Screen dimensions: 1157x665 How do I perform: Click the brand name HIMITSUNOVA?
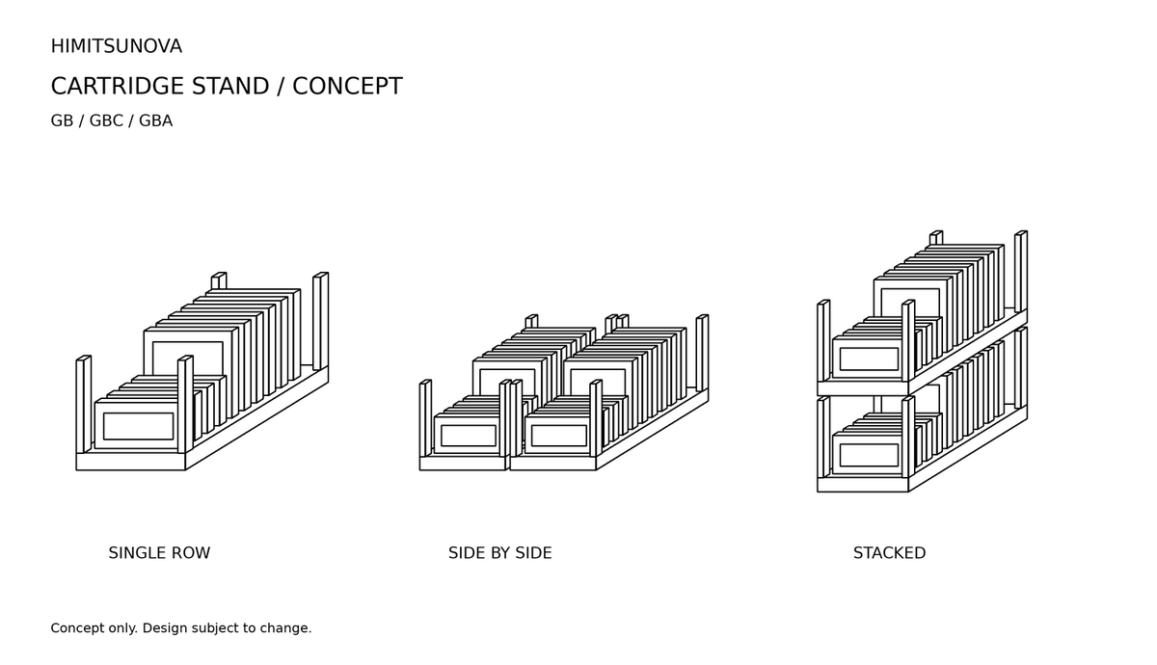117,46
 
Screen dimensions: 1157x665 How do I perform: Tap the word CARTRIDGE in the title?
118,86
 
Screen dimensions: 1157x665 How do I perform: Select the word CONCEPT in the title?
347,86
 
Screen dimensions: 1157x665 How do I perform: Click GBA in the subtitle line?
155,120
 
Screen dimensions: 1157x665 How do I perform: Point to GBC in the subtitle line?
106,120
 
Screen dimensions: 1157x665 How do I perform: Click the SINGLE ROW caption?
159,553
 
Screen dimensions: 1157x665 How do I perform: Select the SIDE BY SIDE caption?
500,553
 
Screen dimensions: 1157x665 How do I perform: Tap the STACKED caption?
889,553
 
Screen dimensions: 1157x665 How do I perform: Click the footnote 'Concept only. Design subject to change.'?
181,628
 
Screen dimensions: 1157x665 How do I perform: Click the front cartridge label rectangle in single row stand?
139,426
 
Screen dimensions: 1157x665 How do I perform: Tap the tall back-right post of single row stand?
321,321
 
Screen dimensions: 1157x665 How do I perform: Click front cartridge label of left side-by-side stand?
469,436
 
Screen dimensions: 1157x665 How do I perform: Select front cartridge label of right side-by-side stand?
559,436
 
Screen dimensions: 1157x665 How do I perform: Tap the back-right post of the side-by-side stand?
703,353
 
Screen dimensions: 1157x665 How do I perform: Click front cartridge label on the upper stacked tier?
869,359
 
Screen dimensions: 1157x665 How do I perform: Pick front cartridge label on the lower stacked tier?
869,455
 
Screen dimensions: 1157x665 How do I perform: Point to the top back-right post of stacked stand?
1021,272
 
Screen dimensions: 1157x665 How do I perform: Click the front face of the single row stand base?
131,462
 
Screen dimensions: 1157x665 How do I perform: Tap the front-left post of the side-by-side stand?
425,418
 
